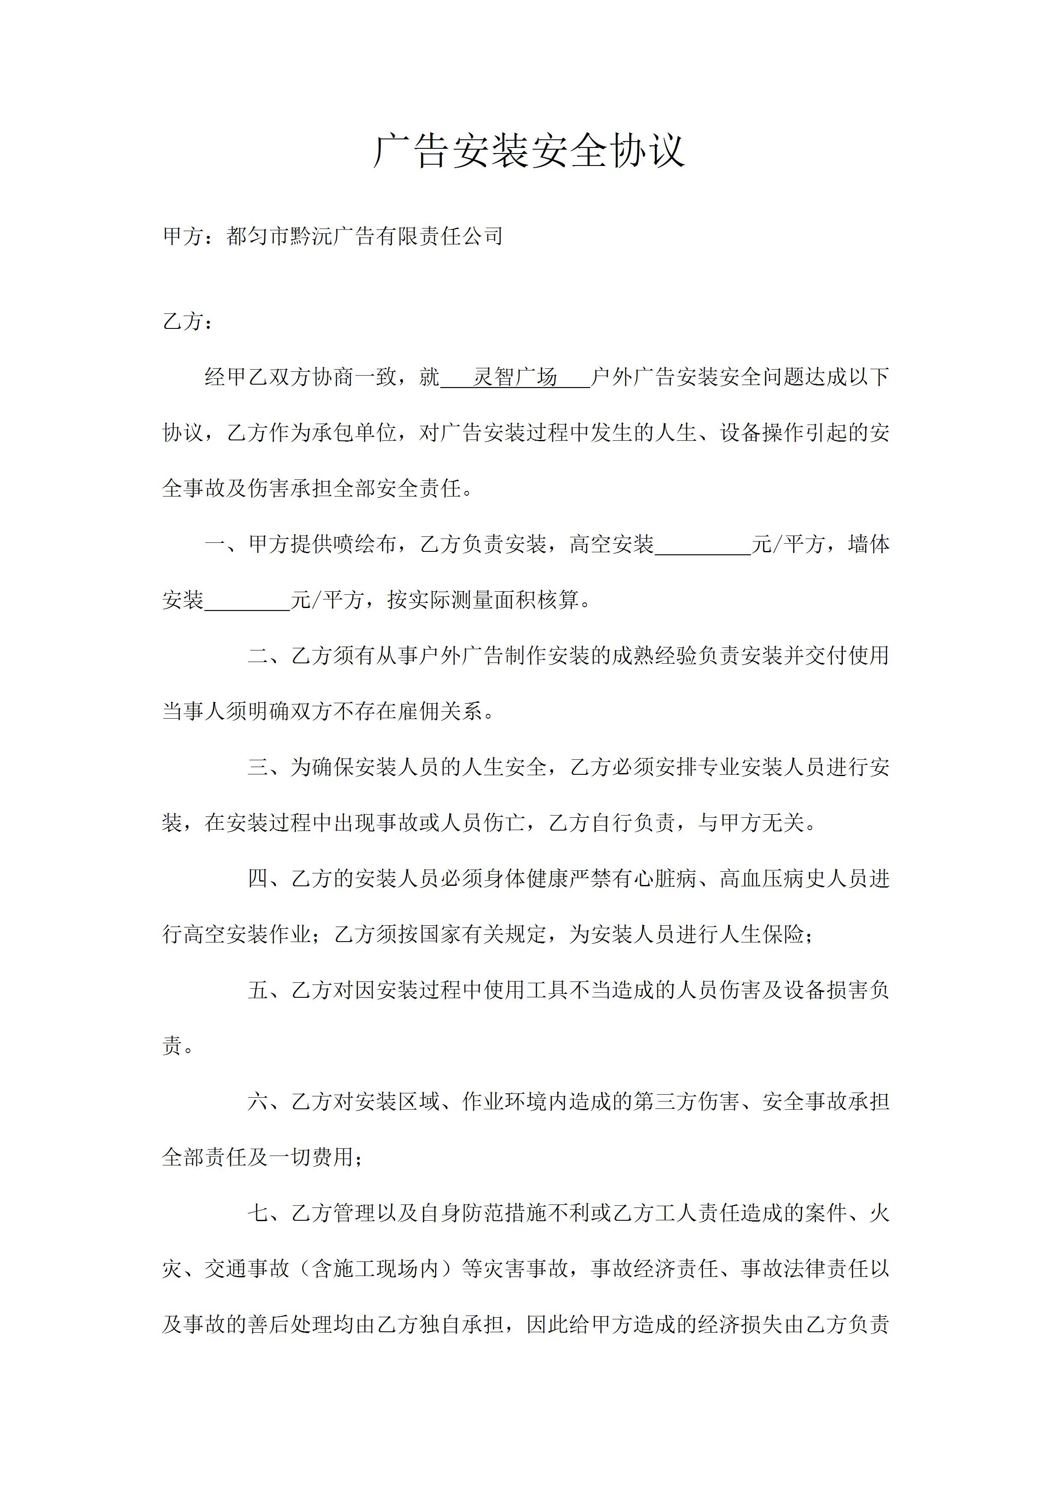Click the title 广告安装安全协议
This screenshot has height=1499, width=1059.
(529, 151)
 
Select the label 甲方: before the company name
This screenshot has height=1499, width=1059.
(187, 236)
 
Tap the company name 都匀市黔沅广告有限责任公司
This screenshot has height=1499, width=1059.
(364, 236)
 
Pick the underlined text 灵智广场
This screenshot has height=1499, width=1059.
(515, 377)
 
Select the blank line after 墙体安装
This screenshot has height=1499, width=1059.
(247, 600)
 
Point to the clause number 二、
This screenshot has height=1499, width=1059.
(269, 656)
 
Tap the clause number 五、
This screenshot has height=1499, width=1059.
(269, 990)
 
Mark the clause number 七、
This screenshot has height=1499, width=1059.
(269, 1214)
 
